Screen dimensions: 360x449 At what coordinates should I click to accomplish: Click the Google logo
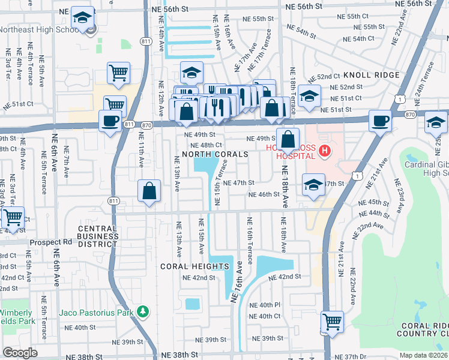pos(20,353)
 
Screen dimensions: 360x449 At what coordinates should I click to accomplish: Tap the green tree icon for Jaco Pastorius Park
pos(142,311)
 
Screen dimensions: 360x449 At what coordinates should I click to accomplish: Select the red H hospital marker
pos(325,151)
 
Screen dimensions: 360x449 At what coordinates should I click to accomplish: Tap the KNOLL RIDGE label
pos(372,75)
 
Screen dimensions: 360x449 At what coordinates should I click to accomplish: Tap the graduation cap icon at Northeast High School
pos(82,17)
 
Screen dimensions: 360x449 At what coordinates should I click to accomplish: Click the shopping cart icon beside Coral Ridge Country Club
pos(332,322)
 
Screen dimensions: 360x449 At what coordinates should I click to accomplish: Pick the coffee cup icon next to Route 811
pos(110,121)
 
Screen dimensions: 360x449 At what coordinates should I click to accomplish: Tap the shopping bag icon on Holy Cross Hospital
pos(288,139)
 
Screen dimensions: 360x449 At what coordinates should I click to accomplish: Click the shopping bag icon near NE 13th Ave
pos(149,191)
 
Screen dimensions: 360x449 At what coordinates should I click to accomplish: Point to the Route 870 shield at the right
pos(410,114)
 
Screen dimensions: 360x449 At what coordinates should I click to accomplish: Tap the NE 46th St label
pos(264,194)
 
